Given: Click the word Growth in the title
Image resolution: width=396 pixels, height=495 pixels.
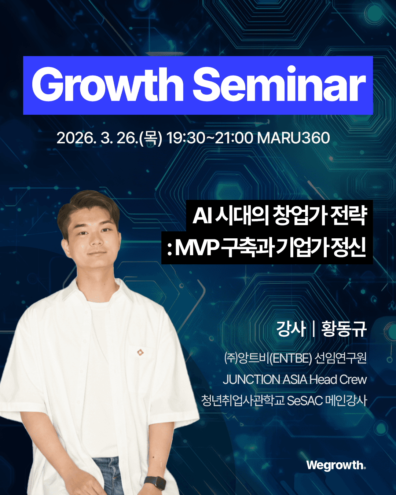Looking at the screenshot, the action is [x=107, y=84].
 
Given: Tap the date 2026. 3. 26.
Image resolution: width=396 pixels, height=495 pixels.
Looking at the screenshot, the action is [x=97, y=138].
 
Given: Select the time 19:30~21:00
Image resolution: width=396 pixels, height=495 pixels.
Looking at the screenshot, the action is [x=209, y=138].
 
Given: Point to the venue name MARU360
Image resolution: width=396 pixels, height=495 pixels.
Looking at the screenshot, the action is [x=293, y=138].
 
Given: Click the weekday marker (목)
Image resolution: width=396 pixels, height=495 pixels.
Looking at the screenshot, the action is [x=151, y=138].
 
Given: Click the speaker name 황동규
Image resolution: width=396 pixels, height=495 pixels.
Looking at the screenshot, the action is [x=344, y=329].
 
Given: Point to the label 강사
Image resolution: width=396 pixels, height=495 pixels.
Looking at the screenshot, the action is [x=291, y=329].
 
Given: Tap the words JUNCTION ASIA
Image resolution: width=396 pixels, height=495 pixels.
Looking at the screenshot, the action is [x=265, y=379].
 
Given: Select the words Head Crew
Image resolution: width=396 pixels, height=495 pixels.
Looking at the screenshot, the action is [x=338, y=379].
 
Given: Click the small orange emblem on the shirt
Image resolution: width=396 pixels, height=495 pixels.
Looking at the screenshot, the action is [x=140, y=352].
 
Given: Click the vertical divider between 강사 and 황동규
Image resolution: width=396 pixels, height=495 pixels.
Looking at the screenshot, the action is [x=313, y=329].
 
